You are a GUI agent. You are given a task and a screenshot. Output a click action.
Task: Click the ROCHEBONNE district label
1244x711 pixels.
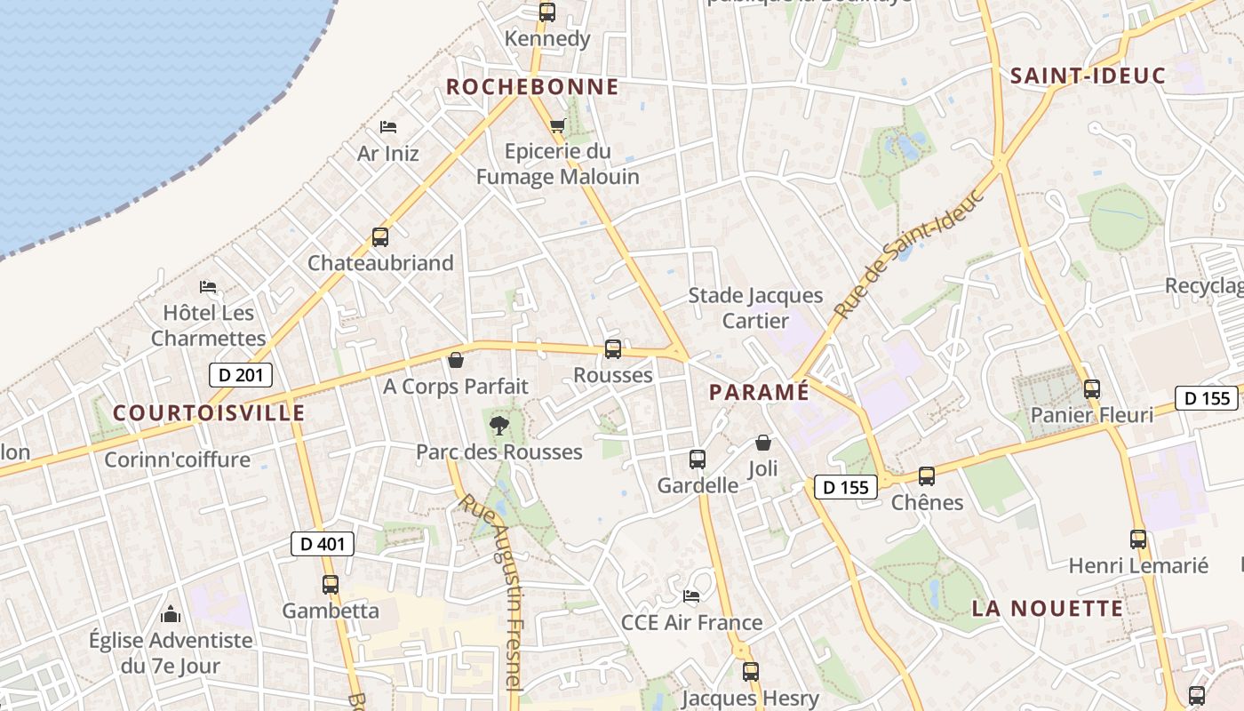[x=531, y=87]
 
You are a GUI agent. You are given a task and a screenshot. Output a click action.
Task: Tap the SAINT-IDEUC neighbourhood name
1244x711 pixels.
[x=1088, y=76]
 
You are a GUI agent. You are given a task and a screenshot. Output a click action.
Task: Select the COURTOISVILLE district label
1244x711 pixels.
[x=209, y=413]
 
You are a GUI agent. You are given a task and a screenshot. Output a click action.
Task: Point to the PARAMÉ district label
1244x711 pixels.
[x=759, y=392]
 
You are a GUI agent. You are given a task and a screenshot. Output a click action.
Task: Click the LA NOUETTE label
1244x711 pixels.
[x=1048, y=609]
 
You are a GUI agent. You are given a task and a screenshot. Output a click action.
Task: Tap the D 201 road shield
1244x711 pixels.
[x=241, y=375]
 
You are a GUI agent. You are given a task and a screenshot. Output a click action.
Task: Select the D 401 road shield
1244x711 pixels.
[x=323, y=544]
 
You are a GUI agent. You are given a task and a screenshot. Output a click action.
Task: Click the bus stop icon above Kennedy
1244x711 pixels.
[x=547, y=12]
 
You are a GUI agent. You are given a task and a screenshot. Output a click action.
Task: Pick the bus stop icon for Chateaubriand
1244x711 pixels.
[x=380, y=237]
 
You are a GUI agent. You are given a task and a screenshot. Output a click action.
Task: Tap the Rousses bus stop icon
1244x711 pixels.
[x=613, y=349]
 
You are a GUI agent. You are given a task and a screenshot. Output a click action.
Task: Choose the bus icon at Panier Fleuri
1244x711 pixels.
[x=1092, y=389]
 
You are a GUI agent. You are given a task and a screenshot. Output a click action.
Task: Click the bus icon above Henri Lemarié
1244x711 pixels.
[x=1138, y=539]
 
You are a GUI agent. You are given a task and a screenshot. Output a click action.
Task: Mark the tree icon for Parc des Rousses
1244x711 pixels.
[x=499, y=424]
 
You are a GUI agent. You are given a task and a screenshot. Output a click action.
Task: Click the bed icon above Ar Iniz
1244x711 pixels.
[x=387, y=127]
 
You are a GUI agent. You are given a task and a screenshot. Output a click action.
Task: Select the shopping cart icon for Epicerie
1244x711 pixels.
[x=557, y=125]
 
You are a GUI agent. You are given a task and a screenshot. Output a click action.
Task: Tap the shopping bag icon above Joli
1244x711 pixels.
[x=763, y=443]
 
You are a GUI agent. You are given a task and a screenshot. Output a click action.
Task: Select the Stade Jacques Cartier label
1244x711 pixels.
[x=755, y=308]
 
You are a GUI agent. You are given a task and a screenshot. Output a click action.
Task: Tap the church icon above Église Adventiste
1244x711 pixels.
[x=171, y=614]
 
